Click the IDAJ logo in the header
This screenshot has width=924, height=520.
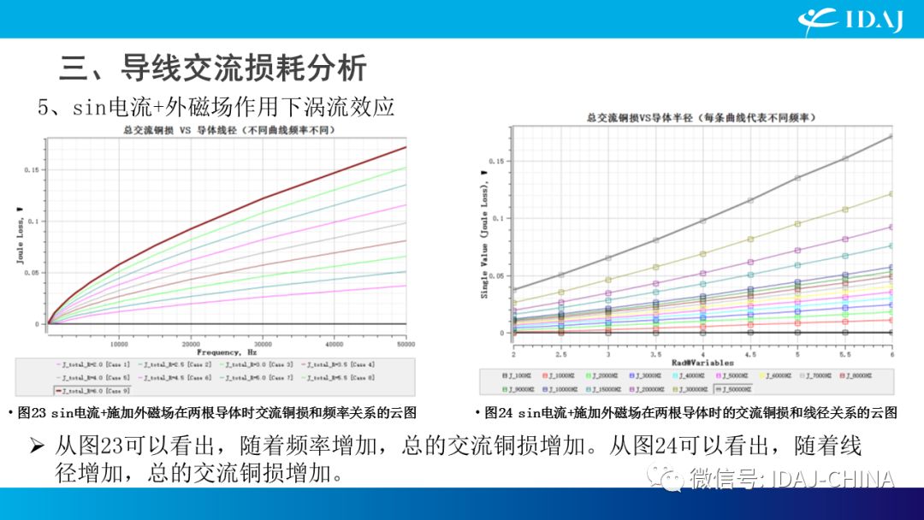(x=851, y=19)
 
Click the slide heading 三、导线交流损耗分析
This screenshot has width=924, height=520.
(x=213, y=67)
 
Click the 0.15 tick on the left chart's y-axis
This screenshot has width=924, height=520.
(x=32, y=169)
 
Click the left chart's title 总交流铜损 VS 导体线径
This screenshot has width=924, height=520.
(x=226, y=130)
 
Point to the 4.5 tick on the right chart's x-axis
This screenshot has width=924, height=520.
(x=750, y=352)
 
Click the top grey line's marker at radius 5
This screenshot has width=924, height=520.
(x=798, y=178)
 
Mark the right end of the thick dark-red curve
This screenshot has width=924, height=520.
(x=406, y=147)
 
